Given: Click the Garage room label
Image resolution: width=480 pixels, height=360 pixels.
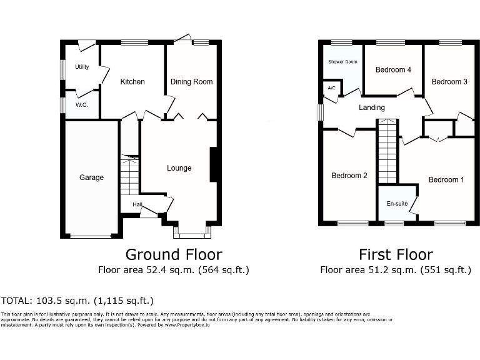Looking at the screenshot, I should pos(91,177).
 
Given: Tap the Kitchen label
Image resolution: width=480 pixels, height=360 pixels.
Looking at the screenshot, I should pos(132,82).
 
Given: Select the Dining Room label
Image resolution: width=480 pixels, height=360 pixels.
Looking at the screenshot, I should pos(192,82).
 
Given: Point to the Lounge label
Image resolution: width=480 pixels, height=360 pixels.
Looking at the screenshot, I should pos(179,168).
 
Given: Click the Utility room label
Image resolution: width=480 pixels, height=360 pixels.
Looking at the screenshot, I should pos(82,67).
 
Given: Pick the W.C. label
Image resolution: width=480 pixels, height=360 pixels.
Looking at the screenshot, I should pos(82,104).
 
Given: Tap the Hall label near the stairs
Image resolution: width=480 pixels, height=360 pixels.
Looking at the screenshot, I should pos(137,204).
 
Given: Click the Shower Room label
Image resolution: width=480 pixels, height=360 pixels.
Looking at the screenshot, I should pos(342,62).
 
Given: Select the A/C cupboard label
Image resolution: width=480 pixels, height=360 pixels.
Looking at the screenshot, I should pos(331,88).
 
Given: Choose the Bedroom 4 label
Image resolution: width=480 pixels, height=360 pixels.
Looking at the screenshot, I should pos(393,70).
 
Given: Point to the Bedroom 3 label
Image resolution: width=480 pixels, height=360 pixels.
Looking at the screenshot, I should pos(449,82).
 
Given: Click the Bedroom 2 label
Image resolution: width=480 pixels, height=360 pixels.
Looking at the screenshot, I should pos(349,176).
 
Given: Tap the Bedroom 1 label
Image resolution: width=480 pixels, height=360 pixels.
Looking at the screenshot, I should pos(446,180).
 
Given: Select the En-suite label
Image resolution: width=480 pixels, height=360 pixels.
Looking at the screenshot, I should pos(397,204).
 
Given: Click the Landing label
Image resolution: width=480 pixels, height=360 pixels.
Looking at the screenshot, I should pos(371,107).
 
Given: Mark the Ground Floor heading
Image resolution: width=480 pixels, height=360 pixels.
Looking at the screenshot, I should pos(174,254).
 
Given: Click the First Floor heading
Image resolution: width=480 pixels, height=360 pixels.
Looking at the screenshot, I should pos(396,254).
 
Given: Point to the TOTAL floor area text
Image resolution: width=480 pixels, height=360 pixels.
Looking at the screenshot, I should pos(77,301).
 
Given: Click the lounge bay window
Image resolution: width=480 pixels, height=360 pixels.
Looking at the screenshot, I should pos(192,233).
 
